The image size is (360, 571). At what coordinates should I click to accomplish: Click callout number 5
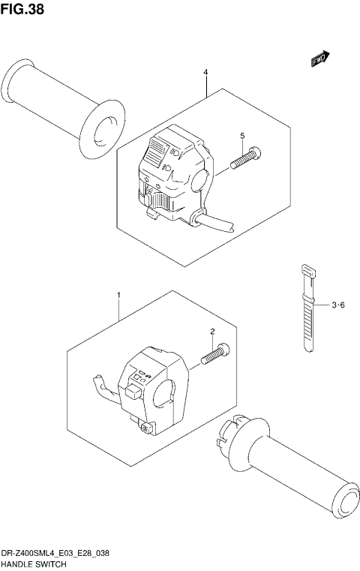[242, 135]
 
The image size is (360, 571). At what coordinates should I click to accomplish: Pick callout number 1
[117, 297]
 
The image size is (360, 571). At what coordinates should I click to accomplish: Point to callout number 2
[212, 331]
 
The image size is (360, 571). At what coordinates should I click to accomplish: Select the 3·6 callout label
[337, 305]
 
